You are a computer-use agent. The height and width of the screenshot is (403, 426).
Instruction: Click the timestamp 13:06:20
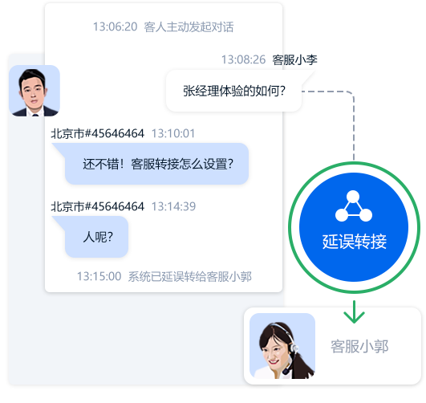pos(116,26)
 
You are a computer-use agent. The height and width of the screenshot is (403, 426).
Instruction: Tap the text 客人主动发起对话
pos(189,26)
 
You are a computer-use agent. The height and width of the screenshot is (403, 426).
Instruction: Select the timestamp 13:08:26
pos(243,59)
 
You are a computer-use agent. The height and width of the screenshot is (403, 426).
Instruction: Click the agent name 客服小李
pos(294,59)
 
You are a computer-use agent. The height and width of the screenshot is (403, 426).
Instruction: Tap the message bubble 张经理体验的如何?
pos(234,91)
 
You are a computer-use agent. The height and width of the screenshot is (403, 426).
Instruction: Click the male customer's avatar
pos(34,91)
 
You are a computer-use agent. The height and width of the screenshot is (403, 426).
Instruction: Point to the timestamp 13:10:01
pos(173,133)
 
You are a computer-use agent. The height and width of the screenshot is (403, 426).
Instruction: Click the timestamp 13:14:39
pos(173,206)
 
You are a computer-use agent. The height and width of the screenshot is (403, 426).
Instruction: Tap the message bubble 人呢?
pos(92,237)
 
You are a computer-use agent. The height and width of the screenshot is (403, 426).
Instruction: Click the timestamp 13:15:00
pos(99,276)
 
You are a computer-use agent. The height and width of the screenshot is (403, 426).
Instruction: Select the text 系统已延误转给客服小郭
pos(190,276)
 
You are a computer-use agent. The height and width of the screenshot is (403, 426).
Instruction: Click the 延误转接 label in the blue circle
pos(355,242)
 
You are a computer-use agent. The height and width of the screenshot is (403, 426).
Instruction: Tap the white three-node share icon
pos(354,206)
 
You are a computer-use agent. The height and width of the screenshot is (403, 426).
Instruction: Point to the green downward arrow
pos(354,312)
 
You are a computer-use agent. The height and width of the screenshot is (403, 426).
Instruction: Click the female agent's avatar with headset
pos(282,346)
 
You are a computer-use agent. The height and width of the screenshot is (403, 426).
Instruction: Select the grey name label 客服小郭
pos(359,346)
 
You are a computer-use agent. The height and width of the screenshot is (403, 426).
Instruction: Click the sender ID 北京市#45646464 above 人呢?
pos(98,206)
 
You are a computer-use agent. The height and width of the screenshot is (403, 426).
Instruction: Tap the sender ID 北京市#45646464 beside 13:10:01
pos(98,133)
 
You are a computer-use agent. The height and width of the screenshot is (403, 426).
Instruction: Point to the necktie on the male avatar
pos(35,115)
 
